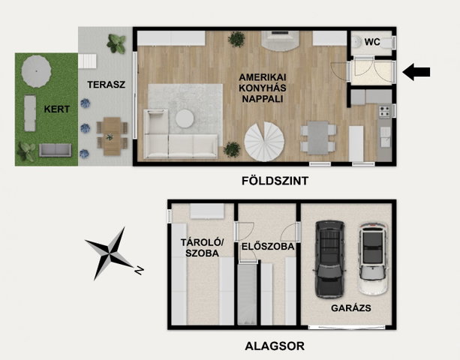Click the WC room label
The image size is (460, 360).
coord(372,42)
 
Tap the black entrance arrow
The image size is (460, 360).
coord(416,72)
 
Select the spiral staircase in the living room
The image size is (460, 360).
coord(264,141)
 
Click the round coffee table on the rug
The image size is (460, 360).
coord(185,118)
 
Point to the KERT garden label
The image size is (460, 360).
coord(57,109)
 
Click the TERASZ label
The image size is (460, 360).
coord(107,85)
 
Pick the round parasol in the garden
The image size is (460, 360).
coord(36,71)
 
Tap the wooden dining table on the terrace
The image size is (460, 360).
coord(112,136)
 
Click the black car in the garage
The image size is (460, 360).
coord(329,259)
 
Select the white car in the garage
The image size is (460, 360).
coord(372,259)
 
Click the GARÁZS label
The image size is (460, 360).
coord(351,308)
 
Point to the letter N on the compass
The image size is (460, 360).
coord(139,270)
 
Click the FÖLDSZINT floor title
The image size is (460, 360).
coord(275,181)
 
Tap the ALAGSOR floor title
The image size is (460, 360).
coord(275,346)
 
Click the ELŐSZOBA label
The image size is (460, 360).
coord(268,247)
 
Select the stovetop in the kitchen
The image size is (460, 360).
coord(384,112)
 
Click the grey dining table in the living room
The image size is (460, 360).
coord(318,138)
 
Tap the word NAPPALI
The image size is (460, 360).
coord(263,99)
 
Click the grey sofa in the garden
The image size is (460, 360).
coord(55,150)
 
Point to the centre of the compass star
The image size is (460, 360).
coord(110,253)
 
